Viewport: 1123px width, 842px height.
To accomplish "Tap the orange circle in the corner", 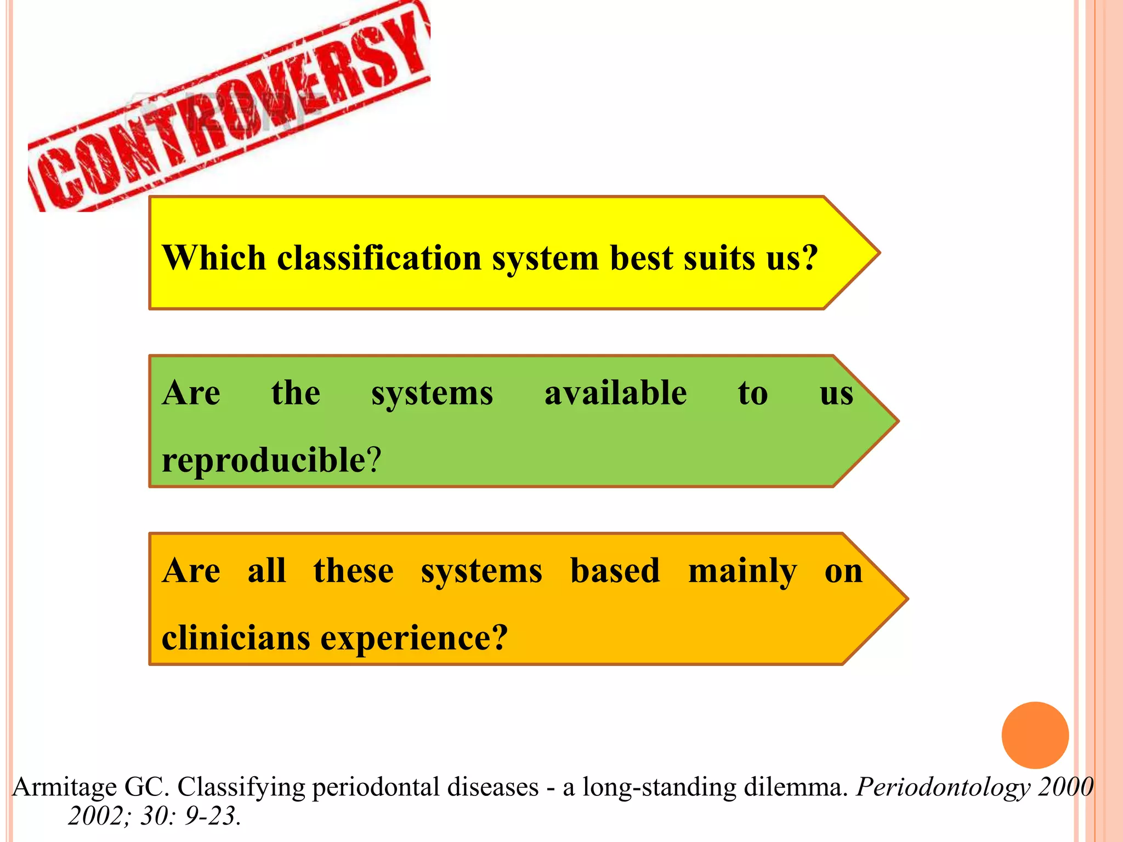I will click(x=1035, y=735).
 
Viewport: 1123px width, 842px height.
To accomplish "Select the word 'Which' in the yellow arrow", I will click(x=214, y=258).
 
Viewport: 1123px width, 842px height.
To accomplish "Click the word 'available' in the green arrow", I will click(x=615, y=393).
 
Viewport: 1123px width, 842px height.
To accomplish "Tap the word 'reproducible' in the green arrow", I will click(x=263, y=459).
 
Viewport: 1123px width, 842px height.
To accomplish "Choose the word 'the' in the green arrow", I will click(x=296, y=393).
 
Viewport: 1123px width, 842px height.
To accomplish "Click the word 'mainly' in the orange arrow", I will click(x=742, y=571).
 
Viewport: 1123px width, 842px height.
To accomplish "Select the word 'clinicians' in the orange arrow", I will click(x=236, y=638).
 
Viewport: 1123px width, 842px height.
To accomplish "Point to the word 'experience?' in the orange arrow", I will click(x=414, y=638).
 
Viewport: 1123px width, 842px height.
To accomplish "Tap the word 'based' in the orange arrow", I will click(x=615, y=571).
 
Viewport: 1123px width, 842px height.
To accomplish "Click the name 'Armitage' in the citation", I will click(x=64, y=787).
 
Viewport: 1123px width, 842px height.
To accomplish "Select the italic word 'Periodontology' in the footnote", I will click(x=943, y=787).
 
